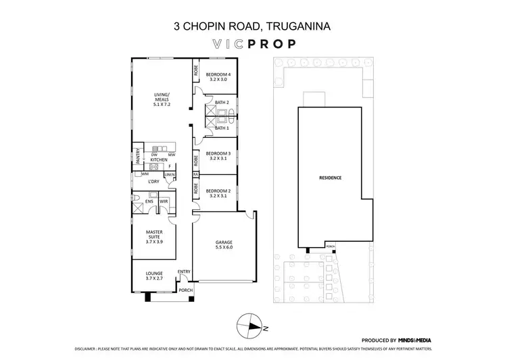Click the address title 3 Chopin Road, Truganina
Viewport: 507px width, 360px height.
[253, 26]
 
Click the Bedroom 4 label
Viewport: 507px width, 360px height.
[218, 76]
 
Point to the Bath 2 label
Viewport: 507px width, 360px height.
[222, 103]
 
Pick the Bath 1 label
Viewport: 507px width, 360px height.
[222, 128]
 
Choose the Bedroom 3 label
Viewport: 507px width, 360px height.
[218, 156]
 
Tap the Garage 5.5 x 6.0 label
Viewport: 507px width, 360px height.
[224, 246]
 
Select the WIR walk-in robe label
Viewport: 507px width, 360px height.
[164, 201]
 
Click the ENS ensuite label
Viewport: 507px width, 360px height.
[150, 201]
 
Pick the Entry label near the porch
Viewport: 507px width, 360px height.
[183, 272]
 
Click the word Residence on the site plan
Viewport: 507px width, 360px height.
[331, 178]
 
